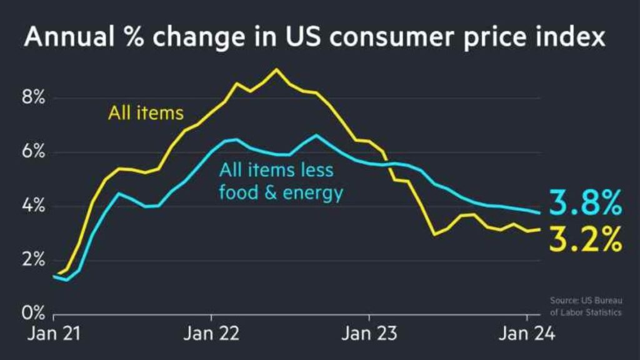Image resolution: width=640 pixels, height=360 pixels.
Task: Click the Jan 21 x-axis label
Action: (x=53, y=334)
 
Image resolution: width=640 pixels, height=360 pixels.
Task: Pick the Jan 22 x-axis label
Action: (x=211, y=334)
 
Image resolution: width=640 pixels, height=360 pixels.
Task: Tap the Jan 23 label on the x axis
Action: (x=368, y=334)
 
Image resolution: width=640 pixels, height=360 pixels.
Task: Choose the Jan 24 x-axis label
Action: (x=526, y=334)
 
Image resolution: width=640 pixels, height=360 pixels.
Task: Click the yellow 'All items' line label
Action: (x=146, y=113)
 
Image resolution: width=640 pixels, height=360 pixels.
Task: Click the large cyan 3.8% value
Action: (x=586, y=203)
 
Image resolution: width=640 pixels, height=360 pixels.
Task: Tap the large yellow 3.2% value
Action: (x=586, y=238)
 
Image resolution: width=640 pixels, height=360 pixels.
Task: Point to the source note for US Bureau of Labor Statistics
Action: (x=586, y=306)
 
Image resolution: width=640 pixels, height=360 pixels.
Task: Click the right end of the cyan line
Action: (x=539, y=212)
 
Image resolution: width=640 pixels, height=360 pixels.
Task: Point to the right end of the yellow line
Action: (x=539, y=229)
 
